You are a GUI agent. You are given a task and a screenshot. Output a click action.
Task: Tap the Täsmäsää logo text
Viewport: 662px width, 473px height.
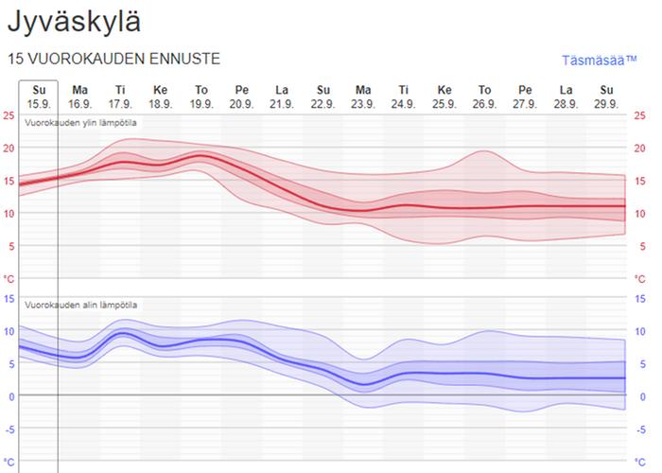[x=600, y=61]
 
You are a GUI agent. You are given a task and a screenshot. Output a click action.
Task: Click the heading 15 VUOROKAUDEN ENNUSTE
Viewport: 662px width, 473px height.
[x=113, y=59]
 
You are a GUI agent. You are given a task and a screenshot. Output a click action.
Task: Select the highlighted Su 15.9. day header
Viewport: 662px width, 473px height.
[x=39, y=96]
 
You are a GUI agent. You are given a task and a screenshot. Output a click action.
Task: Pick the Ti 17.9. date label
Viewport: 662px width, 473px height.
[x=120, y=96]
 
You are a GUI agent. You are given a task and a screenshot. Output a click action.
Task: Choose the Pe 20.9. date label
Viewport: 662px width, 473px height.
[x=242, y=96]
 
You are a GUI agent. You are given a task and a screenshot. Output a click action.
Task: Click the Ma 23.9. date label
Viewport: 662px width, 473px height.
[x=363, y=96]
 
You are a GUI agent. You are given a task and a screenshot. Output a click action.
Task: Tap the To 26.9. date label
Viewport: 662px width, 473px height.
[x=484, y=96]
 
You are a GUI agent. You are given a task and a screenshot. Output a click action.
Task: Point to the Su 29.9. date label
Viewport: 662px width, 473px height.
[x=606, y=96]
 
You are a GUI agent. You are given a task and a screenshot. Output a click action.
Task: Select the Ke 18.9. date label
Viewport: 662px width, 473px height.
[x=161, y=96]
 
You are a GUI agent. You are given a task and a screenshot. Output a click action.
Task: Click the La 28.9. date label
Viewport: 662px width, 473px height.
[x=566, y=96]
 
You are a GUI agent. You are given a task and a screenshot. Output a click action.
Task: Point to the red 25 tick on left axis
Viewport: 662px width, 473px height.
[x=9, y=115]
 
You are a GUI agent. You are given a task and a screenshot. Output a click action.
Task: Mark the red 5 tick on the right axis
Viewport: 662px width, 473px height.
[x=640, y=246]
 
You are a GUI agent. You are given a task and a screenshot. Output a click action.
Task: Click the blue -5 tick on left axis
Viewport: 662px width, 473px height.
[x=9, y=428]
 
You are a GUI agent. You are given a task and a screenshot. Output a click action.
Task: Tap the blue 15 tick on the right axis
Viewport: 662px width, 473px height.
[x=642, y=298]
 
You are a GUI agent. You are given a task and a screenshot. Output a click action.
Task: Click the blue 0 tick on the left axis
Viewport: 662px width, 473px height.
[x=9, y=395]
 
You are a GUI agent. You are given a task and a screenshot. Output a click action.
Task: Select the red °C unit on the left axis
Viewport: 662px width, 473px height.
[x=9, y=279]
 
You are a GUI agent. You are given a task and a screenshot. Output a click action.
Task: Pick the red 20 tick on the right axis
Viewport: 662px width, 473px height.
[x=642, y=148]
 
